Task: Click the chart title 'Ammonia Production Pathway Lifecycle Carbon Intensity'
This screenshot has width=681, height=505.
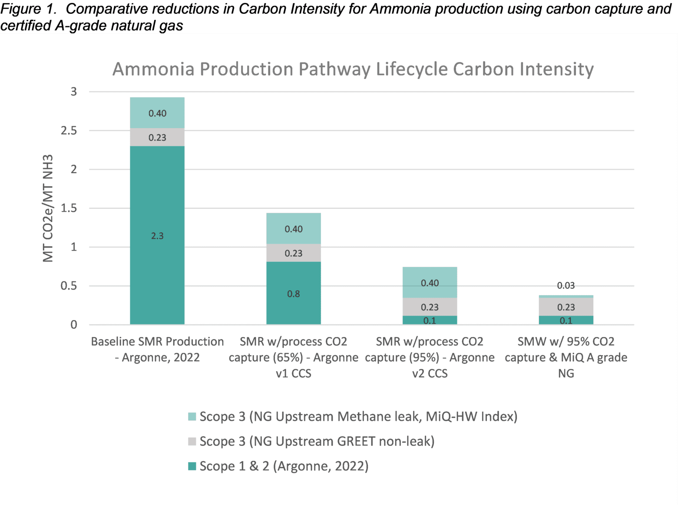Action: tap(353, 69)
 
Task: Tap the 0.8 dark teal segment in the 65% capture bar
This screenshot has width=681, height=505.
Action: tap(293, 293)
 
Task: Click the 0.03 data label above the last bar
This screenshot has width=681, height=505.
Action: tap(565, 285)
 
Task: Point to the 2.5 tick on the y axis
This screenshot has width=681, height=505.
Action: tap(69, 131)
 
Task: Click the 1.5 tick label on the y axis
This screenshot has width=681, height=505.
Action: tap(69, 208)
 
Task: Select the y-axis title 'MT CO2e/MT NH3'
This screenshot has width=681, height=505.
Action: tap(48, 208)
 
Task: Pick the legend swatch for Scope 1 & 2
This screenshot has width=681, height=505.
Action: tap(192, 466)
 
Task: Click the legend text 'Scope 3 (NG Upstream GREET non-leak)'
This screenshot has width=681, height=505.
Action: tap(317, 442)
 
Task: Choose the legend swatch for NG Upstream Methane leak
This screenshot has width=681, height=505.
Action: tap(192, 417)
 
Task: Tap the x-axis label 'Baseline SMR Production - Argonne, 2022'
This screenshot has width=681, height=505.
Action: tap(157, 350)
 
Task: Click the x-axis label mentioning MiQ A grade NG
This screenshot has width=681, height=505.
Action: tap(565, 357)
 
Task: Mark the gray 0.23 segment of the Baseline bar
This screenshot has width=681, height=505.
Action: tap(157, 137)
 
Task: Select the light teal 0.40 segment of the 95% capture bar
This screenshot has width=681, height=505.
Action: tap(430, 282)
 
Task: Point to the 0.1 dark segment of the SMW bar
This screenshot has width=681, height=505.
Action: tap(565, 320)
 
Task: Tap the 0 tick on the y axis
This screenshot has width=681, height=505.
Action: tap(74, 325)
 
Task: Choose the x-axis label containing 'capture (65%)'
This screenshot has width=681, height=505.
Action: tap(293, 357)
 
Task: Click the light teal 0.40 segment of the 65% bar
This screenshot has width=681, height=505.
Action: tap(293, 228)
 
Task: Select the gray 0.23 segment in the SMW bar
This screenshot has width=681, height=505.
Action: tap(565, 307)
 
